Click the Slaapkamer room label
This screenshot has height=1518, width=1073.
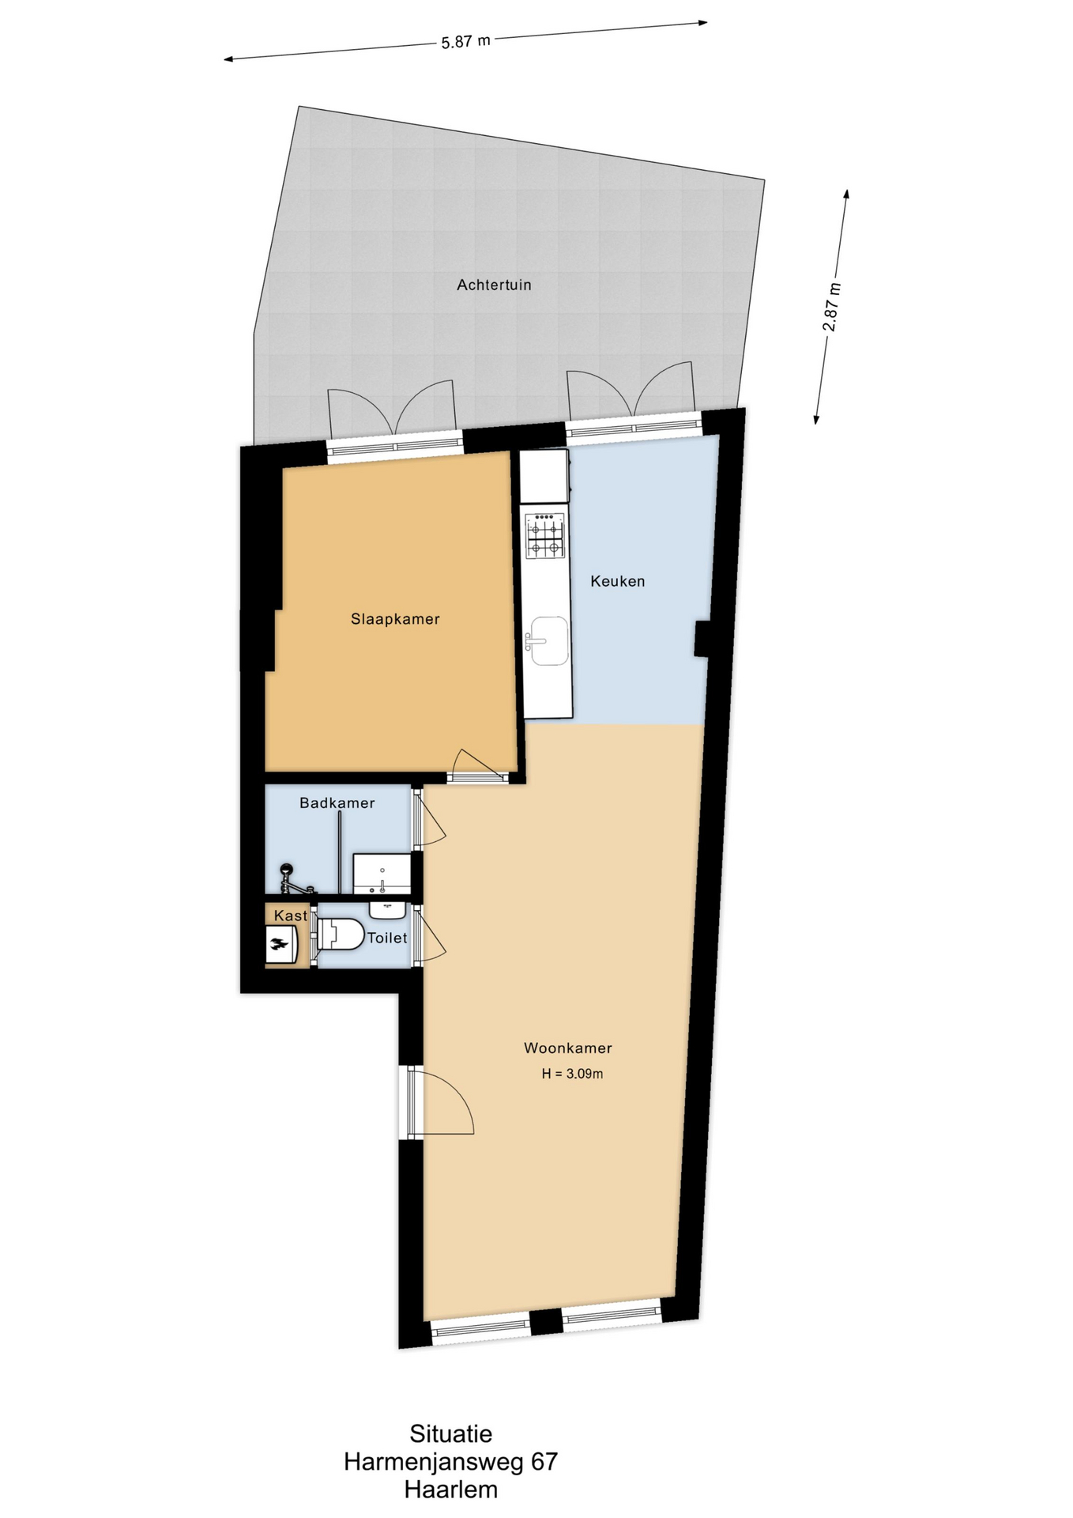(x=395, y=619)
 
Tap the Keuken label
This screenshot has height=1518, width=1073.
(x=618, y=581)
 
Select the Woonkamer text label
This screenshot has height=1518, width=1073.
(x=568, y=1048)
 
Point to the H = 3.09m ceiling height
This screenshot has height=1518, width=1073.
(x=572, y=1074)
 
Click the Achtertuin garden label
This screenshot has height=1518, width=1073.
(x=494, y=285)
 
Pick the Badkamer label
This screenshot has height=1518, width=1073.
(x=337, y=803)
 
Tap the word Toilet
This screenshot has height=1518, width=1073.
(x=387, y=938)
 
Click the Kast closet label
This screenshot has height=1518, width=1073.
(x=291, y=916)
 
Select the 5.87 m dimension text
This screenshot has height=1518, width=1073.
(x=466, y=41)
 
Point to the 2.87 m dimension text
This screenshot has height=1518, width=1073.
(x=832, y=307)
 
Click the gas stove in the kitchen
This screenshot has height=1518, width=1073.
(x=546, y=536)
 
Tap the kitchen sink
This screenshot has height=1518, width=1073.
(x=548, y=641)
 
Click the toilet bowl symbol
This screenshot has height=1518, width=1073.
(x=340, y=934)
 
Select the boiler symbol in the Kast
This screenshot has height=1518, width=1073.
(x=280, y=944)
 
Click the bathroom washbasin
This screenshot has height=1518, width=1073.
(x=382, y=874)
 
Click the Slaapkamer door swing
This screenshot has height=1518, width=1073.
(x=479, y=765)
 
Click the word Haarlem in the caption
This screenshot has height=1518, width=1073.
(x=451, y=1490)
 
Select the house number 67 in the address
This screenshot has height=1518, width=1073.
(x=544, y=1462)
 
